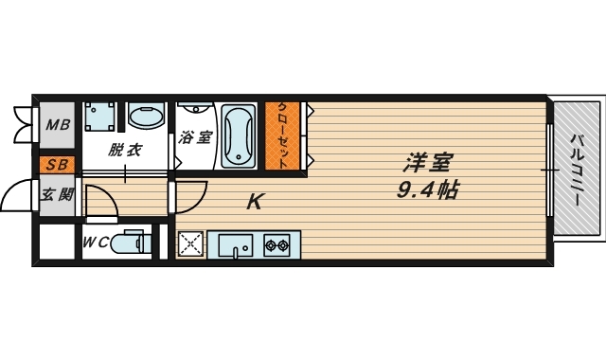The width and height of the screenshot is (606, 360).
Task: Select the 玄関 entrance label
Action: (56, 196)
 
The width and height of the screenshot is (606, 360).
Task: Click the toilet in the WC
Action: (130, 243)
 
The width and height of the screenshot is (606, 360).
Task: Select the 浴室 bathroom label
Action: (196, 136)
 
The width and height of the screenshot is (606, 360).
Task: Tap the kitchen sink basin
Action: (234, 245)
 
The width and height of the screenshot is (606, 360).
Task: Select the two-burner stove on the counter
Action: (277, 245)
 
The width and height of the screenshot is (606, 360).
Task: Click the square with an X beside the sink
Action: (191, 244)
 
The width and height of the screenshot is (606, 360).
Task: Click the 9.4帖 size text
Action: (428, 189)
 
